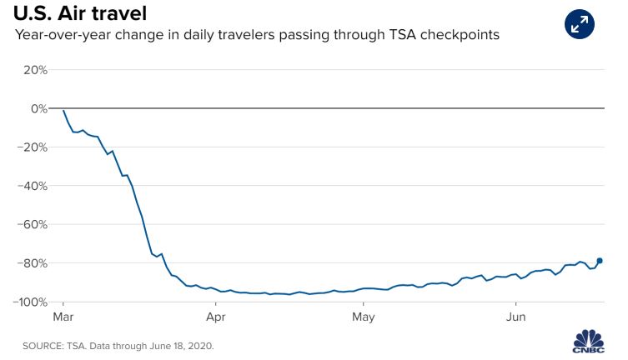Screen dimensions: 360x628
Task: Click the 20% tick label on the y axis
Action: tap(34, 70)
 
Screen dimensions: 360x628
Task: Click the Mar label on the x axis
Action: tap(63, 317)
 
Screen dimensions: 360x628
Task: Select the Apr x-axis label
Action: tap(215, 317)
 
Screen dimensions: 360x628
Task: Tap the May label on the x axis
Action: tap(363, 317)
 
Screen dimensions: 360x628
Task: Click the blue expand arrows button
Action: tap(579, 23)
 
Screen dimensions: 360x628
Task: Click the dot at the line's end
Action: tap(600, 261)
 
